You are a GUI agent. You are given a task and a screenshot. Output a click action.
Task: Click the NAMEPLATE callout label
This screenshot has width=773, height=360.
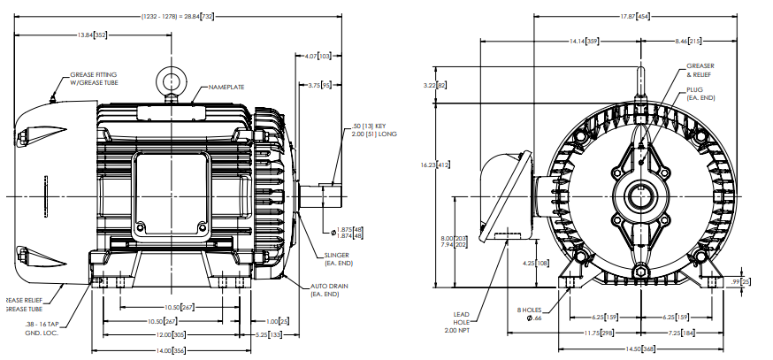[226, 88]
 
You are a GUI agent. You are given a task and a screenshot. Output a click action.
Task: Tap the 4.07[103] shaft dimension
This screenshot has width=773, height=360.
[317, 56]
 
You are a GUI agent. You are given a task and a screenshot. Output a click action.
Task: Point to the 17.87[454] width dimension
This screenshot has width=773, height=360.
[634, 17]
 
